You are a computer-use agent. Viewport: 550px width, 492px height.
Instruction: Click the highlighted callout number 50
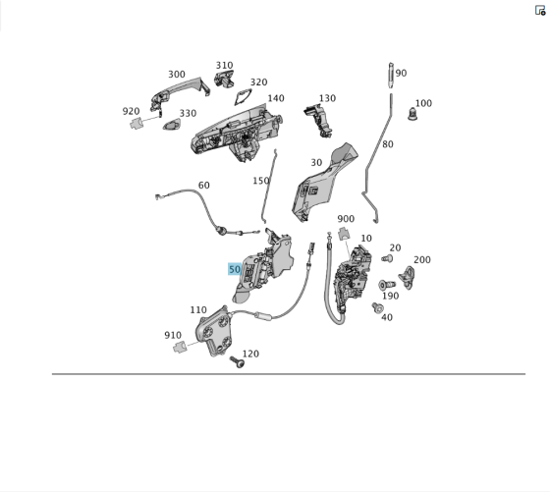235,269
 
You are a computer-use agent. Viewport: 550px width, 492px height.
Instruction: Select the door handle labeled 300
180,93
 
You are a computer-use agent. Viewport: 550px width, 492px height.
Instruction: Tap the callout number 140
276,98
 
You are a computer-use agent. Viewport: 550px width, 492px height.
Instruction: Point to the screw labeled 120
237,361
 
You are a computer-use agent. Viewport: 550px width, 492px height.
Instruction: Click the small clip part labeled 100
412,114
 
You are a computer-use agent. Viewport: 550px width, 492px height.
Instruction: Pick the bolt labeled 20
387,259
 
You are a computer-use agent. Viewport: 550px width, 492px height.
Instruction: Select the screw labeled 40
378,308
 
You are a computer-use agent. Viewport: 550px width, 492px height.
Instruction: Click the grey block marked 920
136,123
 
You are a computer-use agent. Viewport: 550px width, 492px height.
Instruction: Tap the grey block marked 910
179,347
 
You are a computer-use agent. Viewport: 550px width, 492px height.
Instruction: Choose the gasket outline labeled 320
244,96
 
